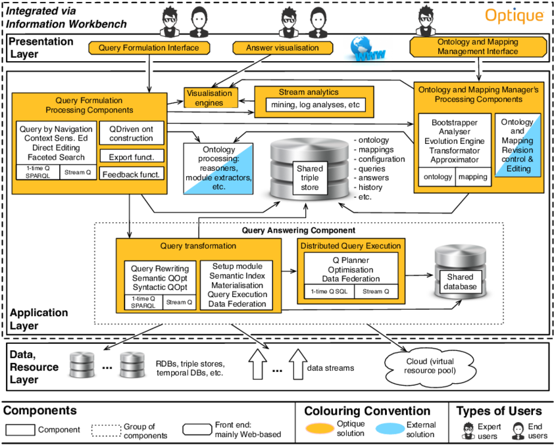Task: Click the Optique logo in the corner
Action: (x=514, y=15)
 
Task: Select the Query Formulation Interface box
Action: (x=149, y=48)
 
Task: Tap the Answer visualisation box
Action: (x=282, y=48)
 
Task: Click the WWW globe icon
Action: (x=368, y=50)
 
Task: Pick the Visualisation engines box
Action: (x=209, y=98)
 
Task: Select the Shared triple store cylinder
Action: (x=309, y=168)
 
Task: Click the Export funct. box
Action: (x=132, y=157)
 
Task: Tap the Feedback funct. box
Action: (x=132, y=174)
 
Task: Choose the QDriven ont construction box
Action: (x=132, y=133)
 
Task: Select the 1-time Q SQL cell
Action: (x=329, y=292)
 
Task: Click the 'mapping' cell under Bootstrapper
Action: (x=472, y=177)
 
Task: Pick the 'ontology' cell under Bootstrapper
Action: (x=438, y=177)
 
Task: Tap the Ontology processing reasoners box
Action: (x=218, y=169)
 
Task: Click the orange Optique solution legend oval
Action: (x=319, y=429)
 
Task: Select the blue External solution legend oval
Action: (x=390, y=429)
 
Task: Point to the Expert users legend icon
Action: (x=468, y=431)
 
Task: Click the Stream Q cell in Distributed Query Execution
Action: (x=376, y=292)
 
